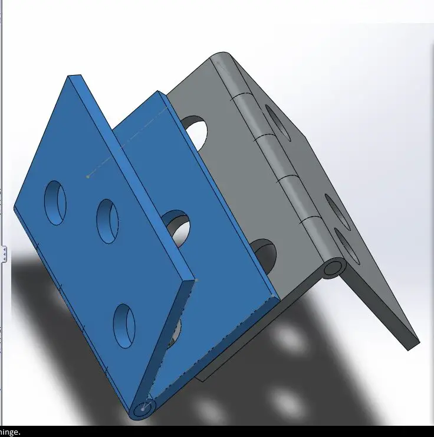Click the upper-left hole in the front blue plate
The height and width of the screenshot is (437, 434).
[55, 203]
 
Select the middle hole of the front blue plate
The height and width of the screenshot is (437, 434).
[107, 221]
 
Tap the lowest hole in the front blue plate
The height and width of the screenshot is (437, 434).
[124, 325]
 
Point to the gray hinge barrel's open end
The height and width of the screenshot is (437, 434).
[333, 268]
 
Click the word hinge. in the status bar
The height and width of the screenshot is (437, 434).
[11, 432]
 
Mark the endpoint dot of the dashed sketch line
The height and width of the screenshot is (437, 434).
[88, 176]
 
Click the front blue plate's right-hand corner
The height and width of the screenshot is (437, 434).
[192, 282]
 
